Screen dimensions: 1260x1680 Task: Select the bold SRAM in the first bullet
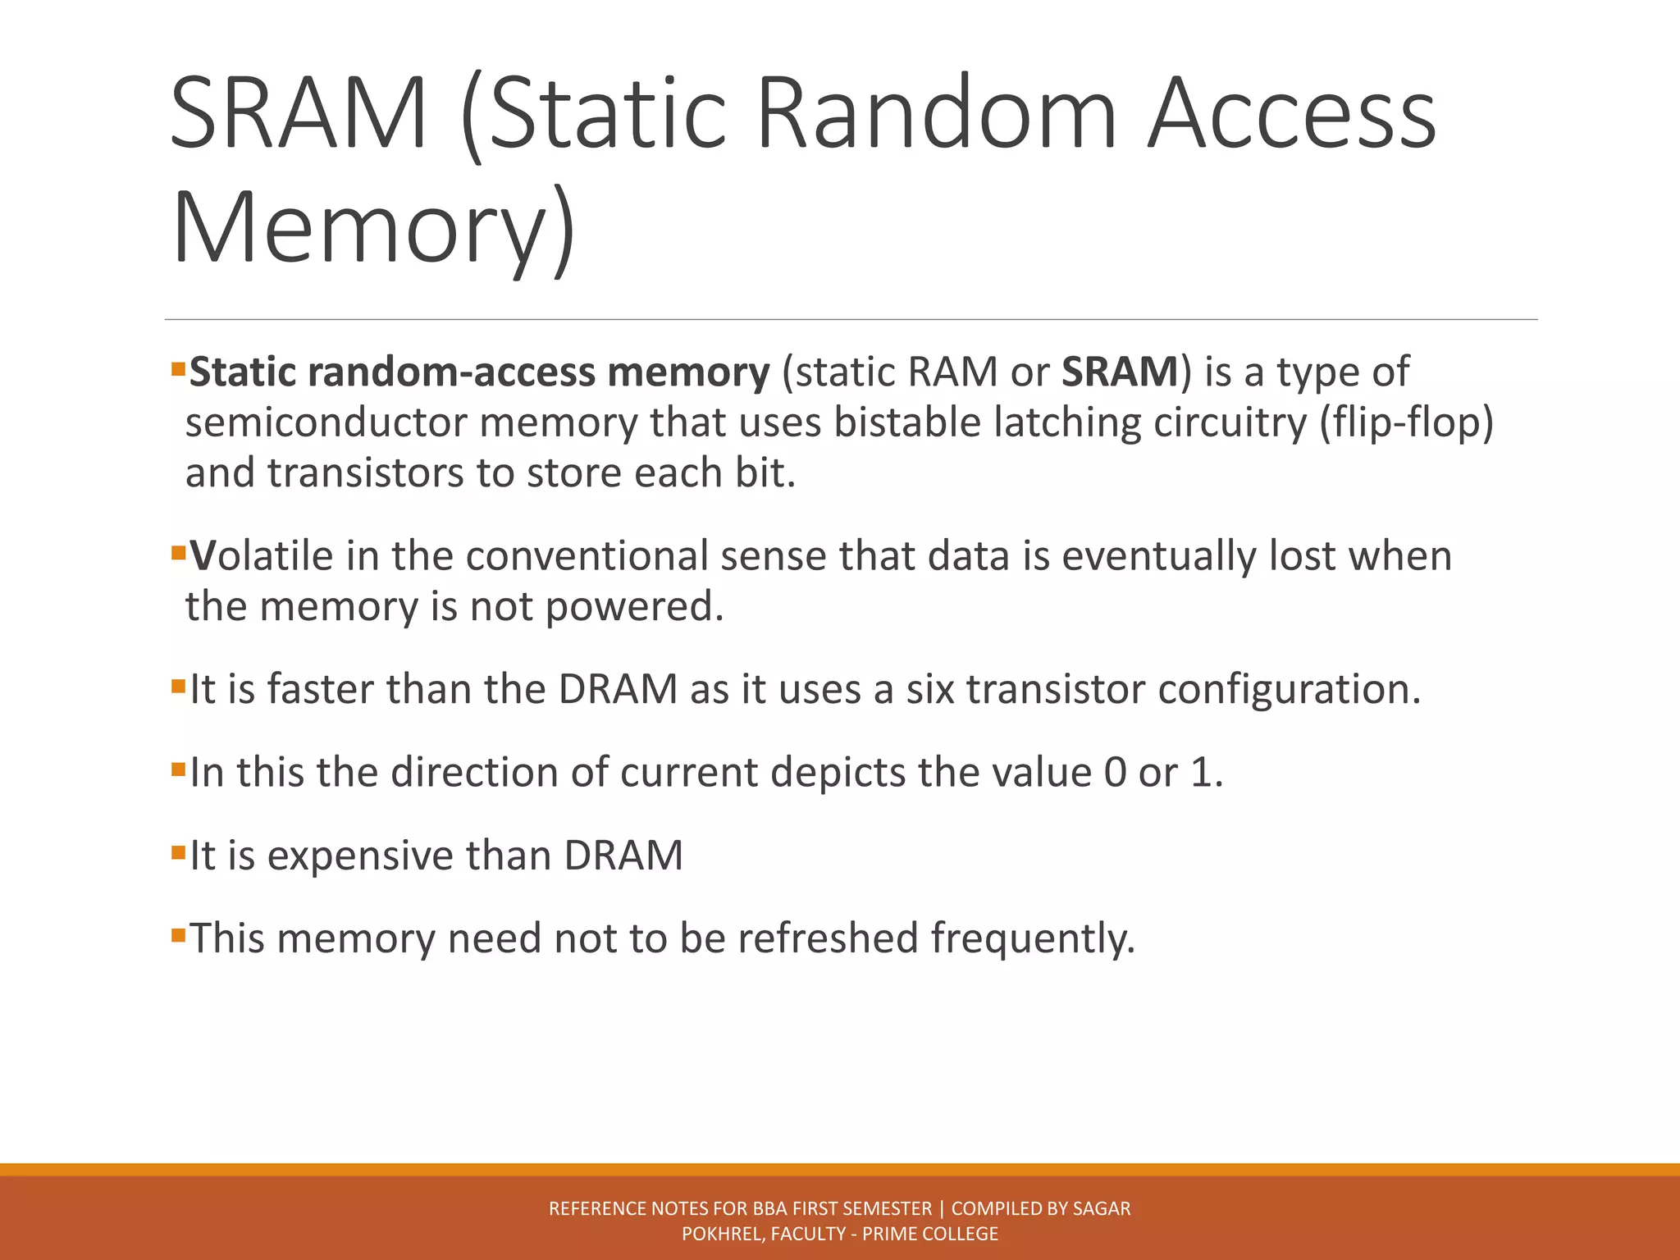[1120, 372]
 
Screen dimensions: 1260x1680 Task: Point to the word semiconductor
[326, 423]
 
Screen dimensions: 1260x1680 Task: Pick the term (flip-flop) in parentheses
[1406, 422]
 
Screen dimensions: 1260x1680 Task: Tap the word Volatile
[260, 555]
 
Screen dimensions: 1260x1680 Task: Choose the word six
[930, 689]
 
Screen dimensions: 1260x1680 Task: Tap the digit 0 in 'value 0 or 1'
[1115, 773]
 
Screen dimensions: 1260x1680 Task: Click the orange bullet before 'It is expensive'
[179, 853]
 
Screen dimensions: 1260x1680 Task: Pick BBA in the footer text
[769, 1208]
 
